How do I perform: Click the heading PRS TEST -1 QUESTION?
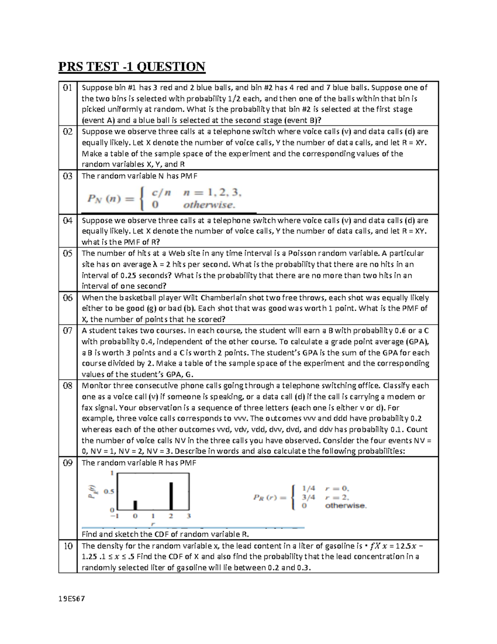point(132,66)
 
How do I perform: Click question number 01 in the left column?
point(68,87)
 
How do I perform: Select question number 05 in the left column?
point(68,253)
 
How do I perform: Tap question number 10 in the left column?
point(68,546)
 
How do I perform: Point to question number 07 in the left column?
point(68,331)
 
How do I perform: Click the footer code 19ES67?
point(71,599)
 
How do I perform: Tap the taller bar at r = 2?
point(171,496)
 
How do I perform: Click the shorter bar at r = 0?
point(135,505)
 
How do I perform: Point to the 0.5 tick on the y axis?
point(109,491)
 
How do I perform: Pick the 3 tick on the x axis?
point(189,516)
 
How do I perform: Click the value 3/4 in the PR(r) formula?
point(308,497)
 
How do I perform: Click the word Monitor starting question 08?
point(97,386)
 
